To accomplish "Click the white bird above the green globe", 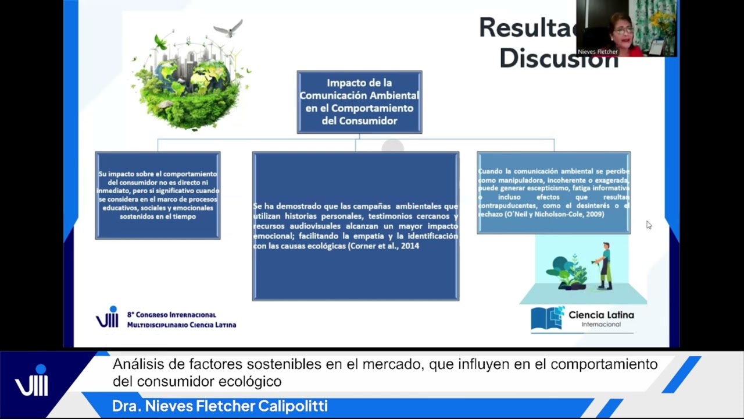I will pyautogui.click(x=228, y=28).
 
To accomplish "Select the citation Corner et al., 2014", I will pyautogui.click(x=384, y=246).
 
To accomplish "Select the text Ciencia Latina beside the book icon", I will pyautogui.click(x=601, y=315).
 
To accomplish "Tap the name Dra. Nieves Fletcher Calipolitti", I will pyautogui.click(x=220, y=406).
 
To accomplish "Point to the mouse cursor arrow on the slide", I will pyautogui.click(x=648, y=224).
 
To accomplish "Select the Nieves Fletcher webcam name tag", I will pyautogui.click(x=598, y=52).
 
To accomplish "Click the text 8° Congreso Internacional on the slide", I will pyautogui.click(x=171, y=315).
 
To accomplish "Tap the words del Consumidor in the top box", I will pyautogui.click(x=359, y=120).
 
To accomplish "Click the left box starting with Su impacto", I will pyautogui.click(x=158, y=195).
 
